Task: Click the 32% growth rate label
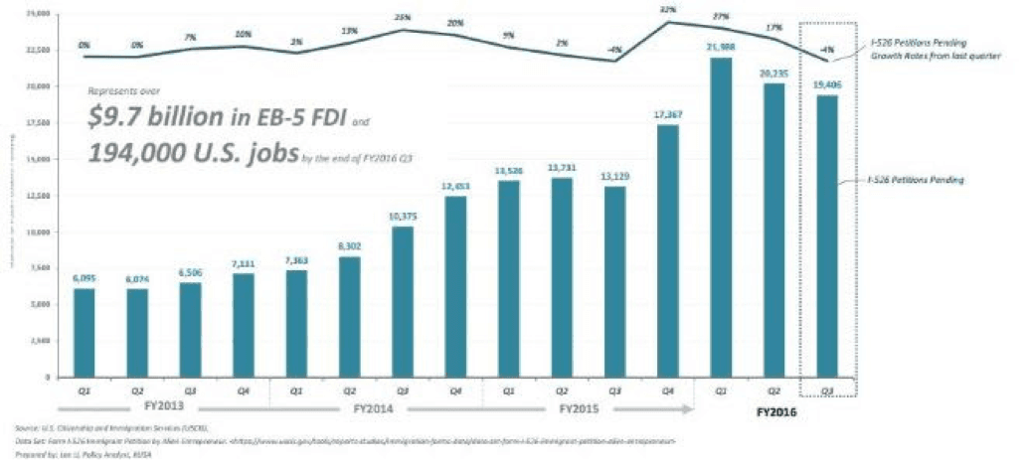(x=668, y=10)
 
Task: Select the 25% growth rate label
(x=403, y=18)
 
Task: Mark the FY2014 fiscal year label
(x=377, y=407)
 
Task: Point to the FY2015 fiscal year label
(x=580, y=407)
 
